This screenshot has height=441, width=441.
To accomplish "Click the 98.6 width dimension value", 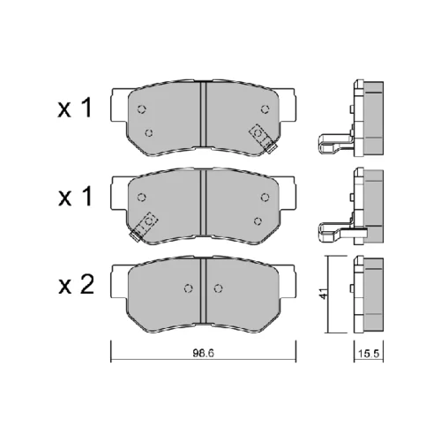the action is point(204,353).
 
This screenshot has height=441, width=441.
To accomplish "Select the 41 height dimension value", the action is point(323,293).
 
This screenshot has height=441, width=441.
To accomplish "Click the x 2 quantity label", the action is point(77,285).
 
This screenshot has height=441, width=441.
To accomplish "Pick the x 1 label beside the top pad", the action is point(75,108).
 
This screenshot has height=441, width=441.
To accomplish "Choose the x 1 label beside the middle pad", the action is point(76,197).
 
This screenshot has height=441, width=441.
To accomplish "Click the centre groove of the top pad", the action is point(204,114).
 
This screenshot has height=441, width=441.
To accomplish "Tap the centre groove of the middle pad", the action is point(204,203).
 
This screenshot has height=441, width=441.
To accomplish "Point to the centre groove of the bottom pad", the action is point(204,291).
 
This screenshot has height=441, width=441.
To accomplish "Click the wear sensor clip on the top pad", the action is point(263,138).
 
